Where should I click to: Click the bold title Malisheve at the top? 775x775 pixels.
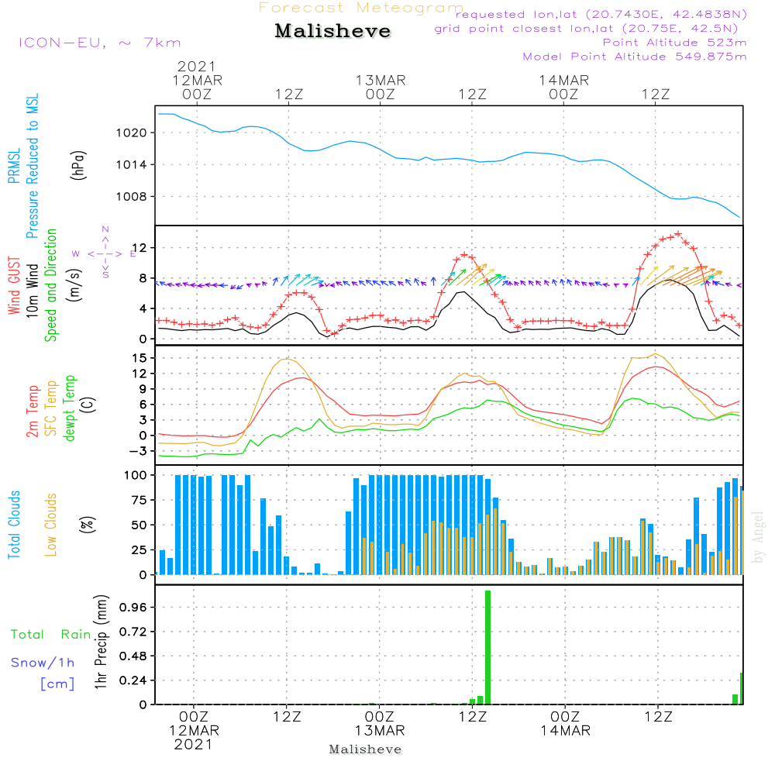coord(332,31)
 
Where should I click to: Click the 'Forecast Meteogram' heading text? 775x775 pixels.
coord(361,8)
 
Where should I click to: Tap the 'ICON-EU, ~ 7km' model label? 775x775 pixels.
coord(100,43)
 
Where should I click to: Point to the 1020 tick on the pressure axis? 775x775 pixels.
coord(132,133)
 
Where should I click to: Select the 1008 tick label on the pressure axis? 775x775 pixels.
coord(132,197)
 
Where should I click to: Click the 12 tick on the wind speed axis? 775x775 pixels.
coord(139,248)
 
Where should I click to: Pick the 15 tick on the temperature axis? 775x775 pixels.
coord(139,358)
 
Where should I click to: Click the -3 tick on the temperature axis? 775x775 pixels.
coord(138,451)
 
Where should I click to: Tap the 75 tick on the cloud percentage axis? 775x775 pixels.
coord(139,500)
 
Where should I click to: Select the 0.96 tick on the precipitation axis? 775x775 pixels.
coord(133,607)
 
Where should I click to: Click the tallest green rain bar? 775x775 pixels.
coord(487,647)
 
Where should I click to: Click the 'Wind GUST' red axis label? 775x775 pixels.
coord(14,285)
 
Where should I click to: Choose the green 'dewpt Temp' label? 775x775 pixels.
coord(69,408)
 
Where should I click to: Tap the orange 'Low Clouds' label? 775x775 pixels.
coord(50,525)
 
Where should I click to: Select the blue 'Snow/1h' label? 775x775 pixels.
coord(43,663)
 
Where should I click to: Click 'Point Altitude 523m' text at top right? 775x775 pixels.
coord(675,43)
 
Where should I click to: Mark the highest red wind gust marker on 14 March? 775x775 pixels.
coord(678,234)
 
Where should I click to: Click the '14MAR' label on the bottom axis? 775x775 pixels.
coord(566,731)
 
